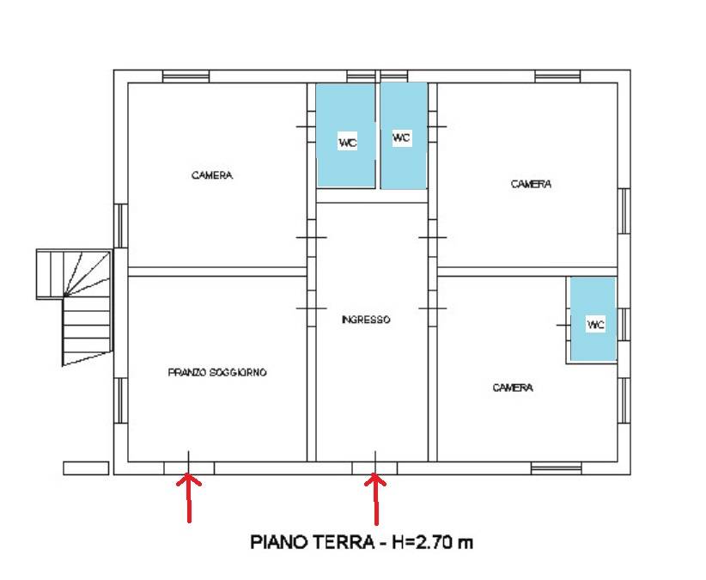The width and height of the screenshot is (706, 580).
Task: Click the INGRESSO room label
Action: [366, 320]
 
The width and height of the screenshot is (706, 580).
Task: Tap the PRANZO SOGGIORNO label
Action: [217, 372]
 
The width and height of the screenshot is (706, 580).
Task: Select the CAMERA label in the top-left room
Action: [212, 175]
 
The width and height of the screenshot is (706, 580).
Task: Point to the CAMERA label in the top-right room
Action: [532, 184]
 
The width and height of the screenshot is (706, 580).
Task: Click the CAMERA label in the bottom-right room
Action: [513, 388]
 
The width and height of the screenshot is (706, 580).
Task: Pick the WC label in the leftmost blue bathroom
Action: [348, 143]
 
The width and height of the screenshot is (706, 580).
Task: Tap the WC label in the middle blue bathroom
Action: [402, 137]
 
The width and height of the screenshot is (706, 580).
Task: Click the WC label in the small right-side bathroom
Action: [595, 324]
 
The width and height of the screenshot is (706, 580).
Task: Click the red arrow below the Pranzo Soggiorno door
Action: [189, 498]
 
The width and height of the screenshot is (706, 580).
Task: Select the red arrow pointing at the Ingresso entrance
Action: [375, 498]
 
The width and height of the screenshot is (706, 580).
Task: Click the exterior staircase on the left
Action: [74, 306]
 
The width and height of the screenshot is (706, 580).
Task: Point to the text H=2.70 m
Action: [432, 541]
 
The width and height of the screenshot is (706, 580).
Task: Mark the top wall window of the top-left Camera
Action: [186, 76]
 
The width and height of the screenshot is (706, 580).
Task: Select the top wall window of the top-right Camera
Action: [557, 76]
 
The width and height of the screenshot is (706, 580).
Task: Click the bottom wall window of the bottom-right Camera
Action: [556, 468]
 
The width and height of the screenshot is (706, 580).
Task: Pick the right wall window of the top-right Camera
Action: [624, 211]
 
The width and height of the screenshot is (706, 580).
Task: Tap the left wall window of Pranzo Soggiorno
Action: [120, 400]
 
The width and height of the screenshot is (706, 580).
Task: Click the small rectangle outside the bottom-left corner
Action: [86, 468]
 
